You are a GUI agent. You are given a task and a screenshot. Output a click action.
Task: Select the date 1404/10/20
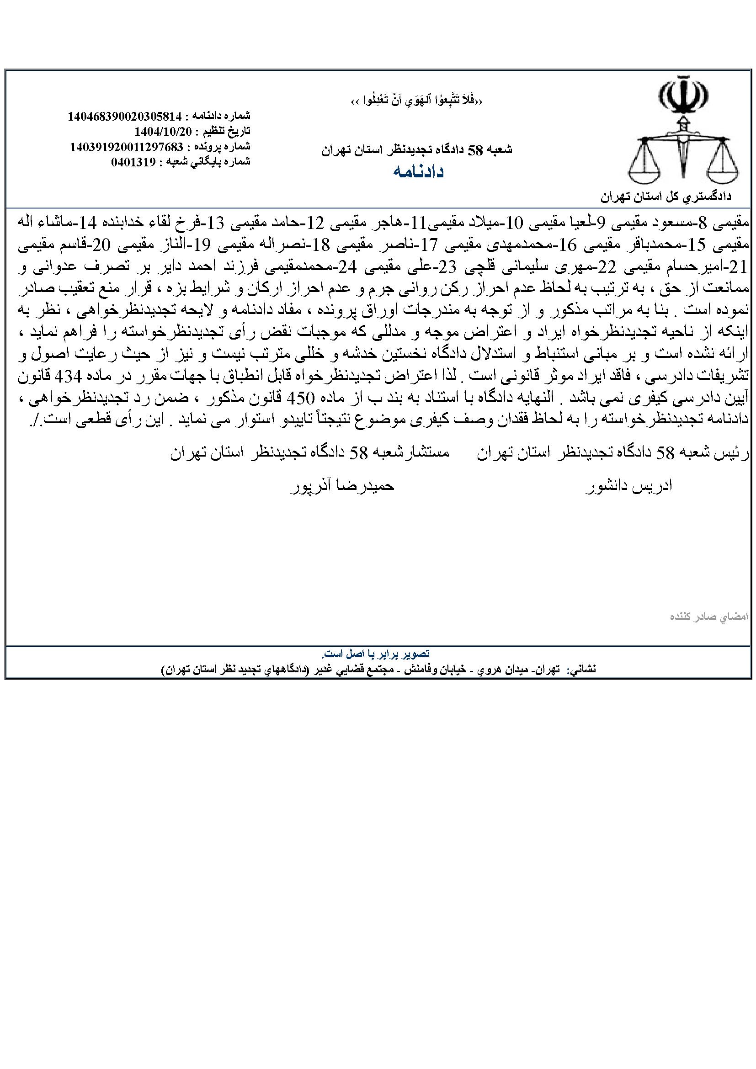coord(163,131)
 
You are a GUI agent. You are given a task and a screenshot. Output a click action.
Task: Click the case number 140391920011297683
coord(126,147)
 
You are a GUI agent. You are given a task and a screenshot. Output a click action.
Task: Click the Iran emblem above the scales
coord(683,96)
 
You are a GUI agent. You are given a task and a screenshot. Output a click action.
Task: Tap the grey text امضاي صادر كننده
coord(708,617)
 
